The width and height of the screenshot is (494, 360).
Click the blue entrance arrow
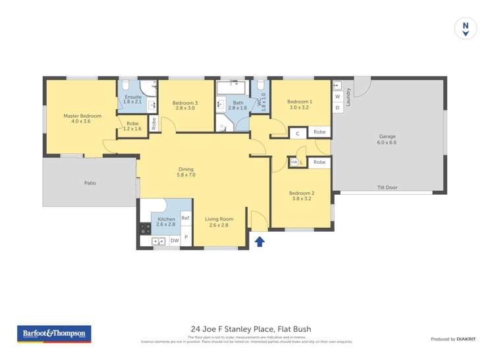pos(260,242)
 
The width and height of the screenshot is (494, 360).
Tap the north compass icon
pos(466,29)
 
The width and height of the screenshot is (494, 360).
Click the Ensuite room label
pos(133,99)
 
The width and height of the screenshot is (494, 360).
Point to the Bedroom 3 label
pos(185,105)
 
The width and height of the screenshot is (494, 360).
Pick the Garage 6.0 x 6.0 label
pos(387,140)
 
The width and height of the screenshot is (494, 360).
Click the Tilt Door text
pos(387,188)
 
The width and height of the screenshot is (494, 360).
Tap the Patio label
pos(90,183)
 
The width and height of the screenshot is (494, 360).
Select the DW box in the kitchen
pos(175,241)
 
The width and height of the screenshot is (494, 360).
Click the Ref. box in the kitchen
pos(185,218)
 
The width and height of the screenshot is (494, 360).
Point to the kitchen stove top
pos(145,229)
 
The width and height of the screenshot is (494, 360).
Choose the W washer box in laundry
pos(337,97)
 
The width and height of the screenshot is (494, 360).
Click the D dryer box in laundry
pos(337,107)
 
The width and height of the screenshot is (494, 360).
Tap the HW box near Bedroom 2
pos(294,162)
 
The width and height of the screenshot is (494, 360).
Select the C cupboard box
pos(298,133)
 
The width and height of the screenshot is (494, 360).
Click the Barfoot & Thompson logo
pos(54,334)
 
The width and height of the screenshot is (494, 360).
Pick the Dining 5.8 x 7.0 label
pos(186,172)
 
